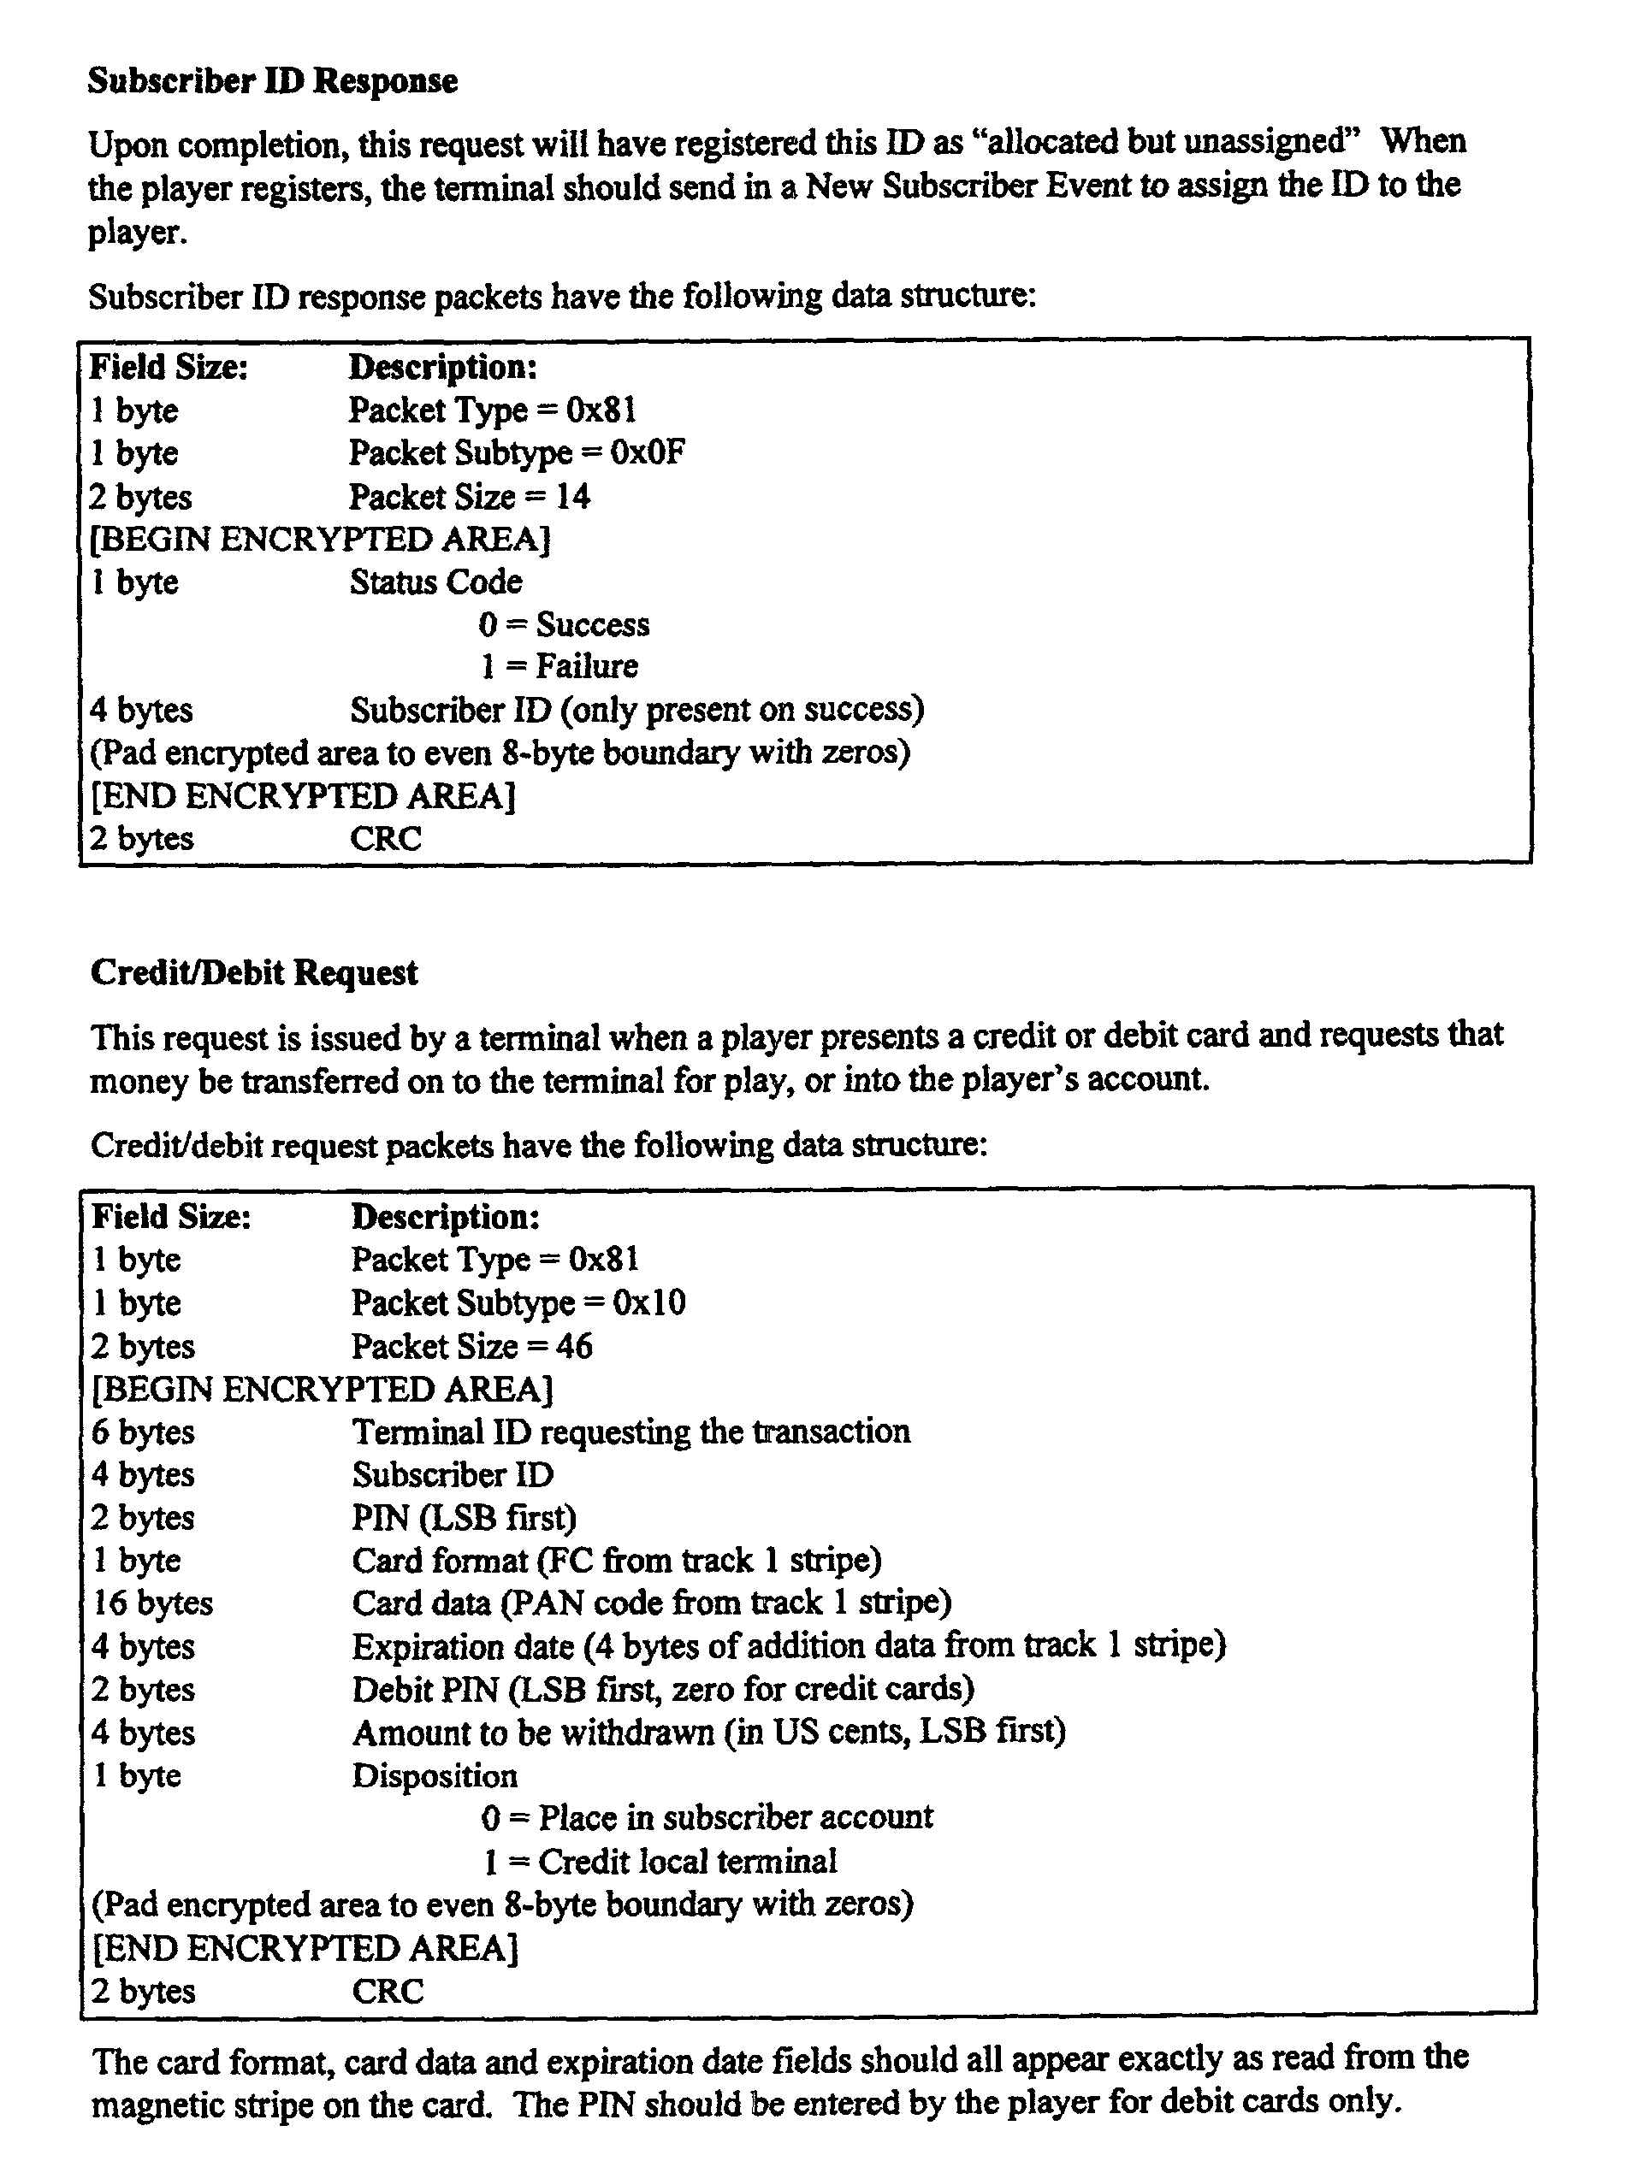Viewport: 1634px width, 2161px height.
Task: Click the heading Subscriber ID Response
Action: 273,81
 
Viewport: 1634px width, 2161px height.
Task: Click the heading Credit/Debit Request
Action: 254,973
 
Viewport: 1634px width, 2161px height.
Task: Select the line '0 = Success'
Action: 564,624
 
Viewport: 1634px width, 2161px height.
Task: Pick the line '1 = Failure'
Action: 559,666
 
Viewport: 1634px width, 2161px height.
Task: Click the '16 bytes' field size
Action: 152,1603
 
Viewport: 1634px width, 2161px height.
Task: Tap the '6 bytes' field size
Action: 143,1432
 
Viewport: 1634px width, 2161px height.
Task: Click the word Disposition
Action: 435,1775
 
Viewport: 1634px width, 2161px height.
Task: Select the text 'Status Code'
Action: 435,582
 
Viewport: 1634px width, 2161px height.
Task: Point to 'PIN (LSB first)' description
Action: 465,1517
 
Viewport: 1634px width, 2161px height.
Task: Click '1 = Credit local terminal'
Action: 660,1861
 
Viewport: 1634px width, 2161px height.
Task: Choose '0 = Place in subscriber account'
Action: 707,1817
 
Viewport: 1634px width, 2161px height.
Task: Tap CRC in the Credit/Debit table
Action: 388,1991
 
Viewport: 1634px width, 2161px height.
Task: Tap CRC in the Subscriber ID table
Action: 386,838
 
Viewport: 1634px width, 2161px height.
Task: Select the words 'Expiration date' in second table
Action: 462,1646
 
